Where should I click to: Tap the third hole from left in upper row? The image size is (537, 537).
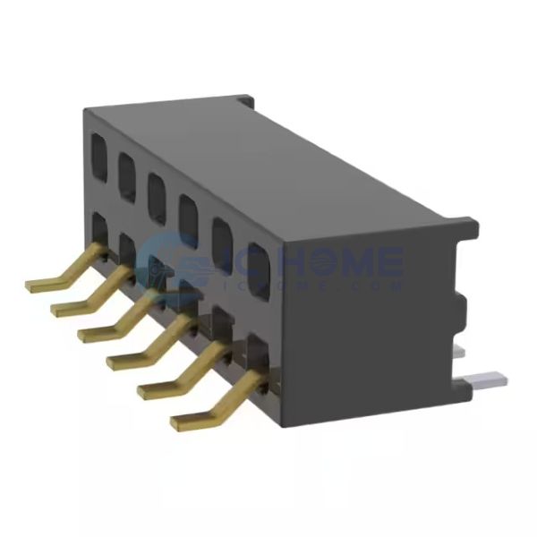[157, 188]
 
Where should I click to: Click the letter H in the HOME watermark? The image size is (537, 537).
[255, 261]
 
